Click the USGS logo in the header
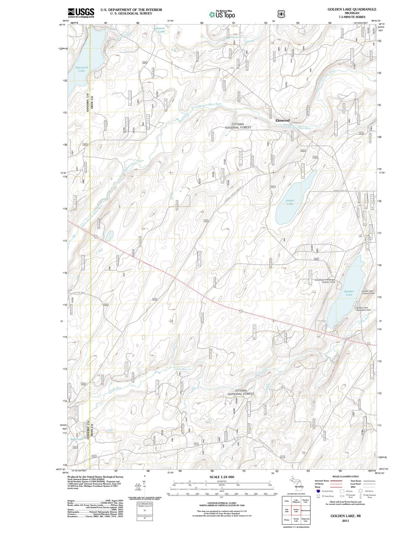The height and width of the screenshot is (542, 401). pos(81,13)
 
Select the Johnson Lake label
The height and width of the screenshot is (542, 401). pos(159,30)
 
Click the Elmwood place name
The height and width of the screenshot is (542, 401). pos(283,120)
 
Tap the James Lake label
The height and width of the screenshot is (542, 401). pos(290,202)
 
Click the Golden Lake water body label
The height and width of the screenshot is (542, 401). pos(349,293)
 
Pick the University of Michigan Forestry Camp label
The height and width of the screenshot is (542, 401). pos(325,281)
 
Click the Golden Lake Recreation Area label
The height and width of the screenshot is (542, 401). pos(363,309)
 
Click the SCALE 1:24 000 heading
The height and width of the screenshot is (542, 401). pos(222,477)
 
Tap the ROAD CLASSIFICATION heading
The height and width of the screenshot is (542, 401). pos(346,476)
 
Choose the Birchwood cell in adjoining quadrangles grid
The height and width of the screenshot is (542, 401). pos(306,510)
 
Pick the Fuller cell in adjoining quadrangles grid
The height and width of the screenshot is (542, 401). pos(287,501)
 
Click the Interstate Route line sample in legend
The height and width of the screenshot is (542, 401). pos(335,481)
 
